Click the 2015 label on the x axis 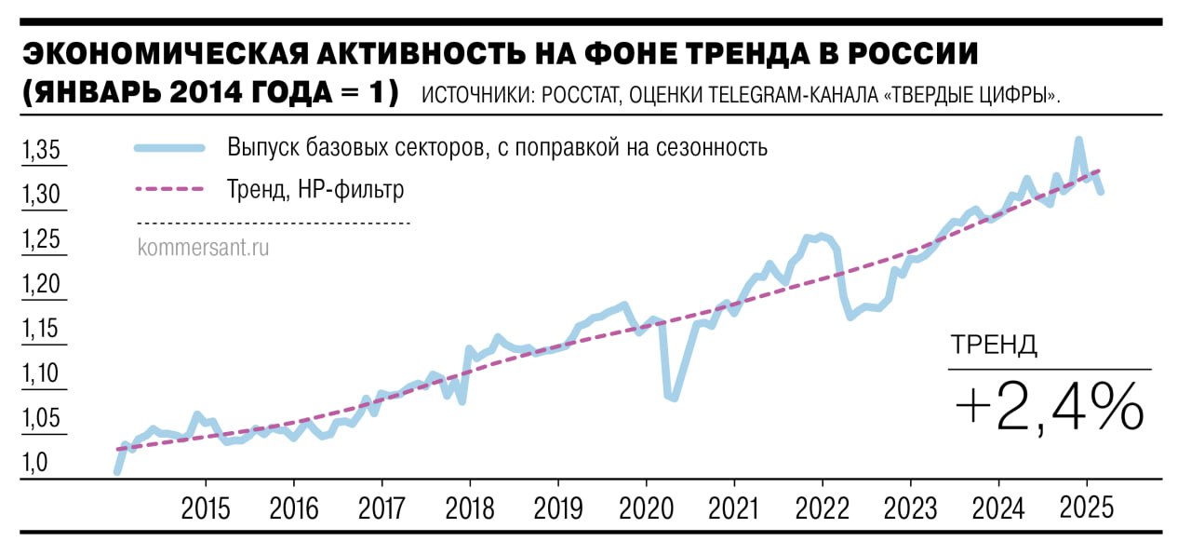[x=205, y=508]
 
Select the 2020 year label [x=646, y=508]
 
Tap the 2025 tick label [x=1086, y=508]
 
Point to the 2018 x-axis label [x=470, y=508]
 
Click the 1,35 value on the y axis [x=41, y=150]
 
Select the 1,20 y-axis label [x=41, y=284]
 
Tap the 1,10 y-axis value [x=41, y=374]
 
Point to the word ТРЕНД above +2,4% [x=994, y=345]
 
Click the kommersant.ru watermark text [x=203, y=248]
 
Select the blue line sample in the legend [x=169, y=148]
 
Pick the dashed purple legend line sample [x=169, y=189]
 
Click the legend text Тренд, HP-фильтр [x=315, y=190]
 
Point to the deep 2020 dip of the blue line [x=671, y=397]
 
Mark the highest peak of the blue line [x=1078, y=141]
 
